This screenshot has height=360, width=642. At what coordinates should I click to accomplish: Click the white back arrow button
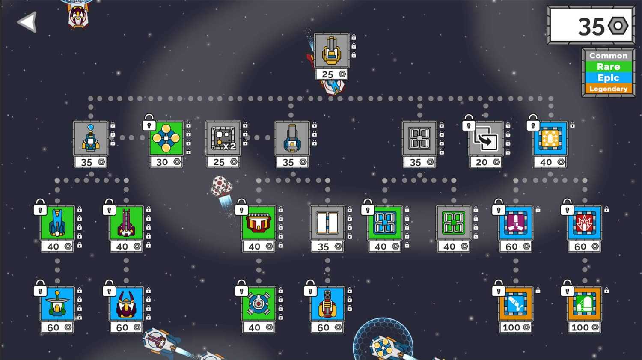tap(28, 22)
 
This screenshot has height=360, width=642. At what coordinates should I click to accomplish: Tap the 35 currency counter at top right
tap(591, 26)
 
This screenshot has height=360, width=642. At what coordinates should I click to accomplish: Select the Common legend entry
tap(608, 56)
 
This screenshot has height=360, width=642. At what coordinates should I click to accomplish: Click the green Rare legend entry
tap(608, 67)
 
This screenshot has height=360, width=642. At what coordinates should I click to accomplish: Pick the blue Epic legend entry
tap(608, 78)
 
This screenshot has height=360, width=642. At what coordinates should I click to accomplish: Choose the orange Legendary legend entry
tap(608, 89)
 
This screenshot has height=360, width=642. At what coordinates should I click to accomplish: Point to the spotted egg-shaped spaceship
tap(221, 186)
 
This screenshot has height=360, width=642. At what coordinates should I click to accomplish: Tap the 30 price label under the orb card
tap(166, 162)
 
